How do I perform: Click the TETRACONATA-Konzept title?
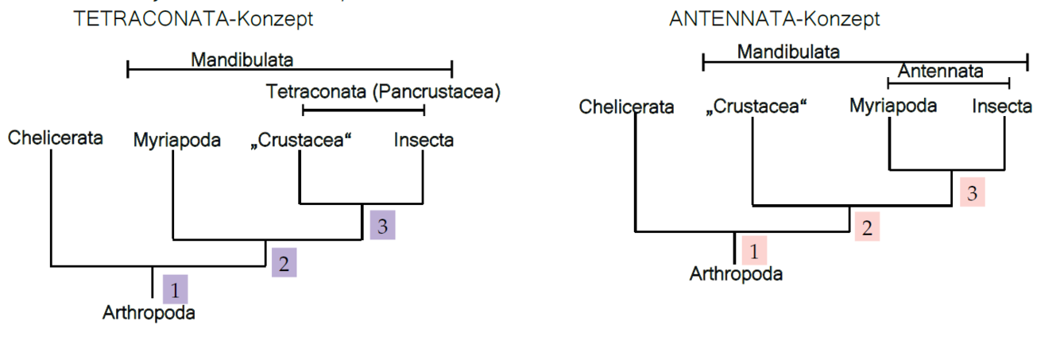point(193,19)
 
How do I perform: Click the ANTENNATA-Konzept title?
point(774,19)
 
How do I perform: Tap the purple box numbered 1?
point(176,289)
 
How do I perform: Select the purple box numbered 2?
point(284,261)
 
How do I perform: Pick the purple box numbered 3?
point(382,226)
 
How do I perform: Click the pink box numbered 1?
point(753,250)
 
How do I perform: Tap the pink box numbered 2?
point(867,227)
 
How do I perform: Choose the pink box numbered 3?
point(972,193)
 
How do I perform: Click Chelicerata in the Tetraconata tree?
point(56,138)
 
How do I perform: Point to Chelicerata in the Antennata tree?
point(626,106)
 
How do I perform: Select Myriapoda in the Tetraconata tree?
point(177,141)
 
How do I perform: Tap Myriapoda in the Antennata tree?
point(893,106)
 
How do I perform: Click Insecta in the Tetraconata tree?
point(424,141)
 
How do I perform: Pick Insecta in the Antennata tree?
point(1002,106)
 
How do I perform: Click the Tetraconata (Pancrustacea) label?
point(384,92)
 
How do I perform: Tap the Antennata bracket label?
point(941,72)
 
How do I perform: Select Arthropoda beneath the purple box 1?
point(149,313)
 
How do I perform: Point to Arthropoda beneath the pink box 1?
point(736,275)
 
